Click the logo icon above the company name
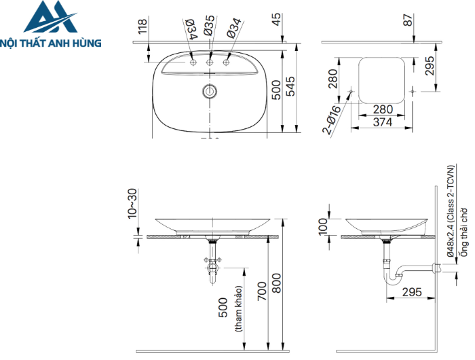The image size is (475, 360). [52, 18]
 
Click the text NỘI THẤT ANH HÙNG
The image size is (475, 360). [52, 43]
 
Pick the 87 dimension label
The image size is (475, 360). [407, 20]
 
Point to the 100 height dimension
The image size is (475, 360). [322, 224]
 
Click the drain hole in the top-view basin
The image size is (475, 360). [210, 91]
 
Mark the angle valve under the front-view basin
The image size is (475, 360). [211, 261]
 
